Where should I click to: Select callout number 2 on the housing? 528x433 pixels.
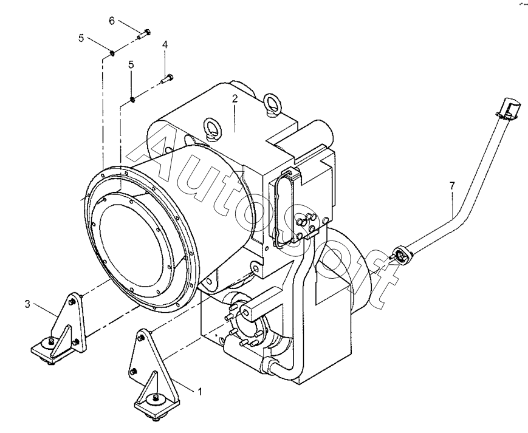pos(234,99)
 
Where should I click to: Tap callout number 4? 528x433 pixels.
pos(165,45)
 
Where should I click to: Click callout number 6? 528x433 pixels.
pos(111,21)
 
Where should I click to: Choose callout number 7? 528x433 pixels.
pos(452,186)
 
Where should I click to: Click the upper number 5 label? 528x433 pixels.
pos(81,38)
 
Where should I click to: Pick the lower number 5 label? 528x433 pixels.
pos(131,64)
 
